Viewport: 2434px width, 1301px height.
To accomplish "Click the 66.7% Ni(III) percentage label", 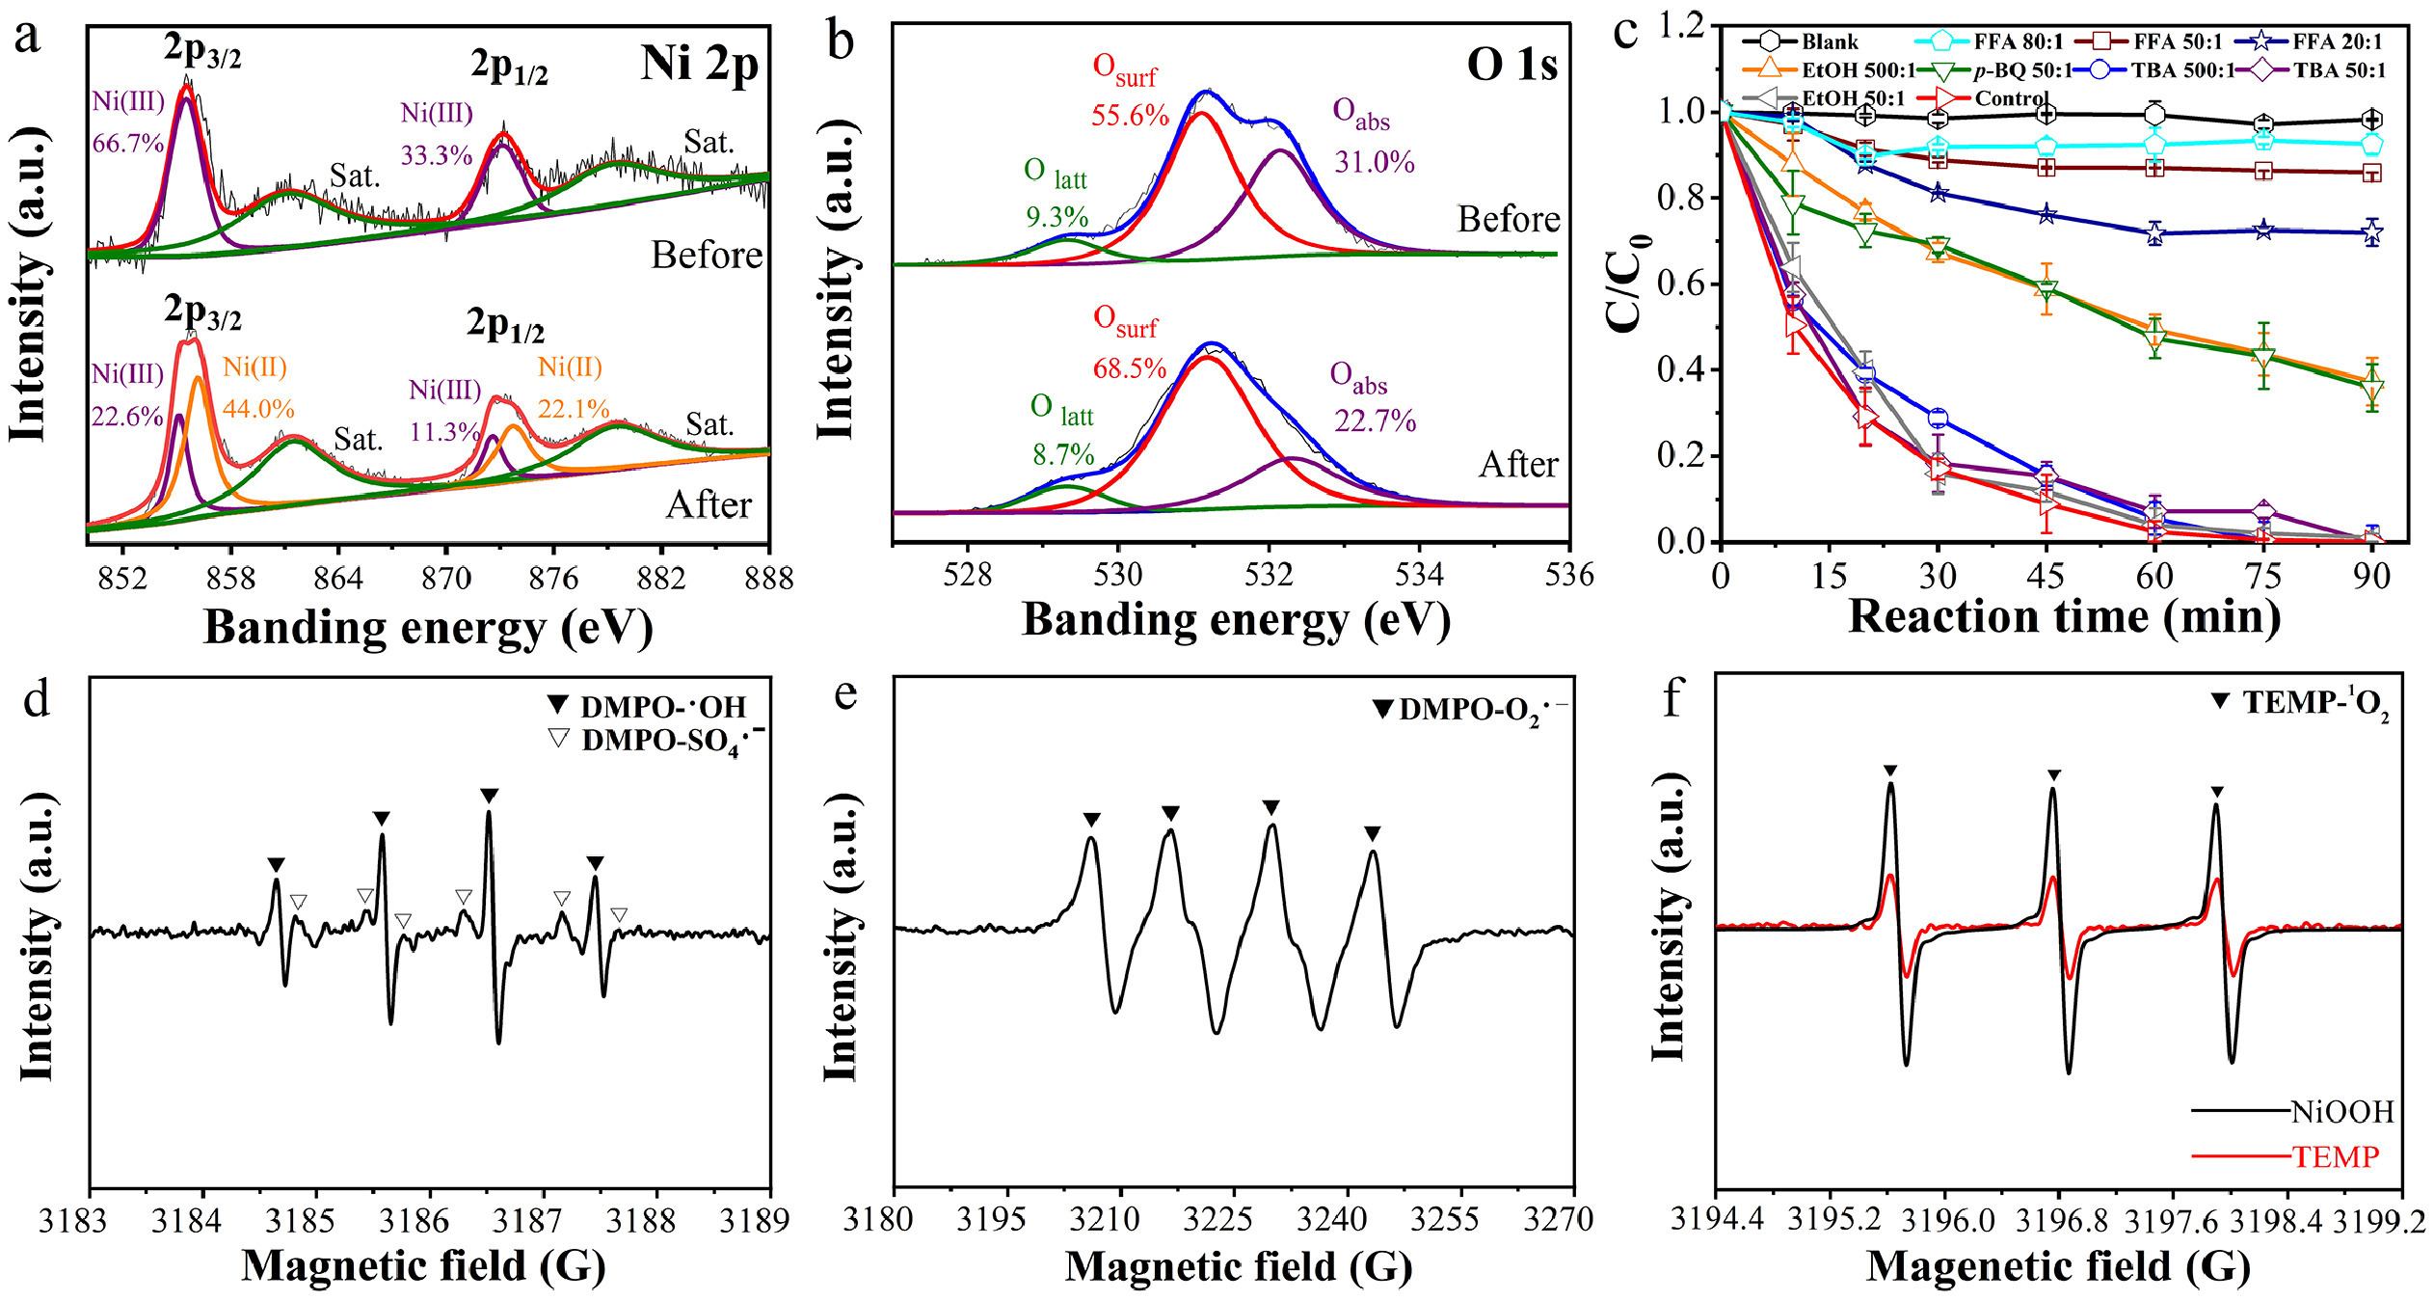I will (128, 144).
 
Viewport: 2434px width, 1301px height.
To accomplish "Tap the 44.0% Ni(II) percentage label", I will (258, 409).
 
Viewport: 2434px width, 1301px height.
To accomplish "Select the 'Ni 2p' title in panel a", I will (699, 65).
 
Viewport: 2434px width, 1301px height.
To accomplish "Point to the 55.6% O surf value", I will (1130, 116).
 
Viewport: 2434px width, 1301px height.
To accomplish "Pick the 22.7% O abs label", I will (1375, 421).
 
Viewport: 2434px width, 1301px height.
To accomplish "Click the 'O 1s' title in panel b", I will (1511, 65).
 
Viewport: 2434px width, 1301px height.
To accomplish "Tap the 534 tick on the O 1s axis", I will (1419, 575).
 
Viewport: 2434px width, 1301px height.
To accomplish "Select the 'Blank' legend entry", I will (1829, 41).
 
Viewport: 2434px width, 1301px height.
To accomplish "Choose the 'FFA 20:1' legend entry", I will (2337, 41).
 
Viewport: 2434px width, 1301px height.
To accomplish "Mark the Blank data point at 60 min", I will (2155, 115).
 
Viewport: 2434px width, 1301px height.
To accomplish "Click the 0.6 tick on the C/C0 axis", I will (1676, 285).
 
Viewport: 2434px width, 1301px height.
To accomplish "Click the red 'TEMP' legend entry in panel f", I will (2335, 1156).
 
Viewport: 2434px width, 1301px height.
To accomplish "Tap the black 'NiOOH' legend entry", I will (2341, 1112).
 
